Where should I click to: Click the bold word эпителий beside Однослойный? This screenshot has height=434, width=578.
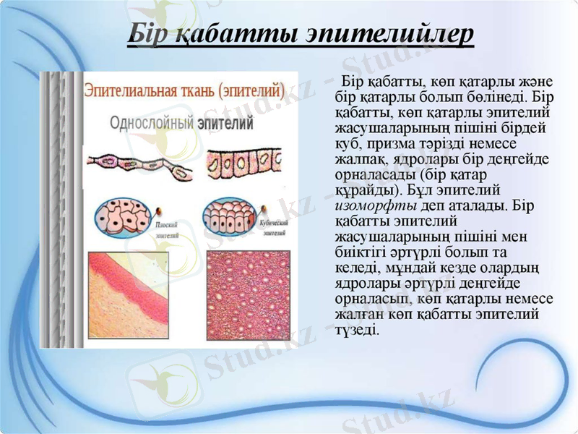pyautogui.click(x=225, y=123)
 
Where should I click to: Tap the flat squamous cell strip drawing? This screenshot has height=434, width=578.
pyautogui.click(x=139, y=164)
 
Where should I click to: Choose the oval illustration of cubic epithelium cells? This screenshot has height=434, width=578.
pyautogui.click(x=228, y=216)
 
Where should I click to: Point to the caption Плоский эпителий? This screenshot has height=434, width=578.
pyautogui.click(x=168, y=229)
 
